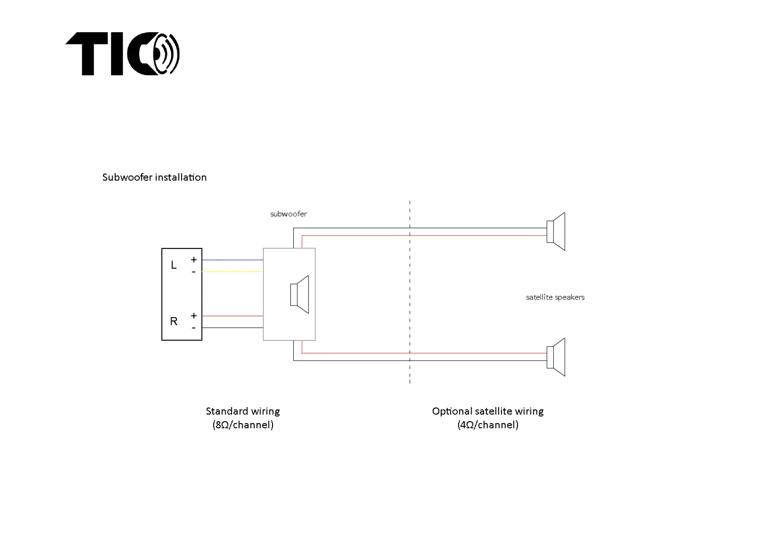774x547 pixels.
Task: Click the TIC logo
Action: tap(122, 54)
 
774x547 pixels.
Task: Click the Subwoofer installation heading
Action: tap(154, 177)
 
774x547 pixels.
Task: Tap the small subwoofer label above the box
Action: tap(288, 214)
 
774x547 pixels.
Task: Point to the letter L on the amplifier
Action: tap(174, 265)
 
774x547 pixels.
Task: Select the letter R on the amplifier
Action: tap(174, 321)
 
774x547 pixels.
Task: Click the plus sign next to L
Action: tap(194, 260)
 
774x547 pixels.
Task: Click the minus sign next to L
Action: tap(193, 272)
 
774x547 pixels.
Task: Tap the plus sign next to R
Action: tap(194, 316)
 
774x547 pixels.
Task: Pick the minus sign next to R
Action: tap(193, 328)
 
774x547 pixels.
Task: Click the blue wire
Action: tap(232, 260)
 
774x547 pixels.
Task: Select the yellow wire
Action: tap(232, 272)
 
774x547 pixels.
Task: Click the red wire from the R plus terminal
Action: tap(232, 316)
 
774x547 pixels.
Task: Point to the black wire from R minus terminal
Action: tap(232, 328)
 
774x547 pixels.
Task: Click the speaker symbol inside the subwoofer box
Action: tap(300, 294)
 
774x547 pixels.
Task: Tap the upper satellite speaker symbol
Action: tap(556, 231)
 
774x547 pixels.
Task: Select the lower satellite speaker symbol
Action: tap(556, 357)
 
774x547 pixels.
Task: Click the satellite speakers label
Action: tap(555, 298)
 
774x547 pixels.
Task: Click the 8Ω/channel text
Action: tap(243, 425)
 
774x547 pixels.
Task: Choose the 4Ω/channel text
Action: tap(488, 425)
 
